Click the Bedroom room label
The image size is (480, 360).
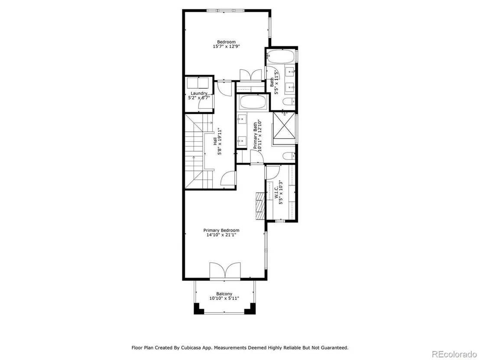(x=226, y=42)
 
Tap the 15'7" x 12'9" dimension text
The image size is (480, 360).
(x=226, y=46)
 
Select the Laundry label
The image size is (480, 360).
(x=199, y=94)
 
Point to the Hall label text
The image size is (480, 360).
(x=215, y=141)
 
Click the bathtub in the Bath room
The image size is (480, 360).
(x=281, y=57)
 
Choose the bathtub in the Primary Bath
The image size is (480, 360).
(x=253, y=102)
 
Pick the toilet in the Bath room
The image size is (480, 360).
(x=289, y=102)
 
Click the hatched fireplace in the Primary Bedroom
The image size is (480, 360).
(x=260, y=206)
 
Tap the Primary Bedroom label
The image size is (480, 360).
(x=221, y=230)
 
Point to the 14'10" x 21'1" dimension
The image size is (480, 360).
(x=221, y=235)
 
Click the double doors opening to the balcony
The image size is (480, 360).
(x=225, y=271)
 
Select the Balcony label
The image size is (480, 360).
(x=224, y=294)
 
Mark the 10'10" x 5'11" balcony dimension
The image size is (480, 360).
(x=224, y=298)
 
